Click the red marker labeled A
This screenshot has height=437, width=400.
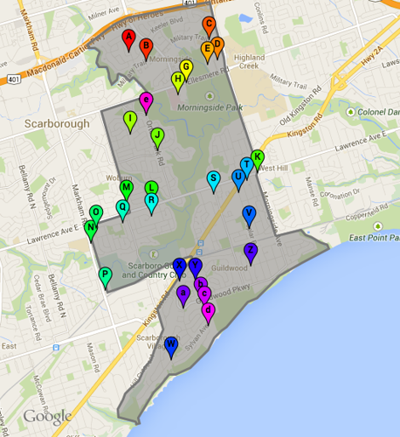click(x=128, y=38)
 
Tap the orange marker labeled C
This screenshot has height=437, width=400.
click(x=208, y=24)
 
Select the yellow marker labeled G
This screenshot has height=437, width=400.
click(x=185, y=68)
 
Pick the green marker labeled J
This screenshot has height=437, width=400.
click(x=157, y=136)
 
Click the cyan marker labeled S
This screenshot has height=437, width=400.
click(x=213, y=180)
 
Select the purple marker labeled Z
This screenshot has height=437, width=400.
click(x=250, y=252)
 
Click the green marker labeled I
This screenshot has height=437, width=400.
click(x=130, y=120)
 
